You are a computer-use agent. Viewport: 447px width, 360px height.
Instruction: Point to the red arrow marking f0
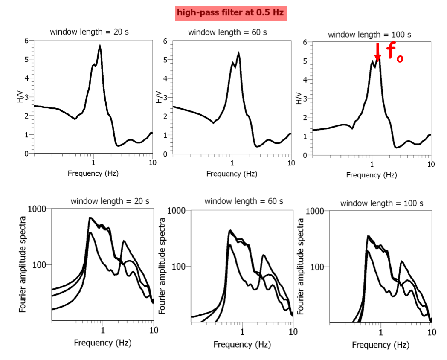tap(377, 52)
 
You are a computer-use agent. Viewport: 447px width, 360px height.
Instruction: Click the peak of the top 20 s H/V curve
tap(100, 46)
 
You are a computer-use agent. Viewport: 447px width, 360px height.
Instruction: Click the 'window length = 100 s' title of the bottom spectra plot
tap(381, 203)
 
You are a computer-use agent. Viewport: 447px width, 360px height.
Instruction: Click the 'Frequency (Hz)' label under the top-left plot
tap(93, 174)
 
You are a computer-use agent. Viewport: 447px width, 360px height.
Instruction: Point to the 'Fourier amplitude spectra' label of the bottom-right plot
tap(302, 267)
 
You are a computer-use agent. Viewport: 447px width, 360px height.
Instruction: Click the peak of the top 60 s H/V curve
tap(239, 53)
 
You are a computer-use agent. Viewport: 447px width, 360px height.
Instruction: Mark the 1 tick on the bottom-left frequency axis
tap(103, 330)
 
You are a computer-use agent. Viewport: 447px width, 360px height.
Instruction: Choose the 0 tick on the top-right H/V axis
tap(305, 155)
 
